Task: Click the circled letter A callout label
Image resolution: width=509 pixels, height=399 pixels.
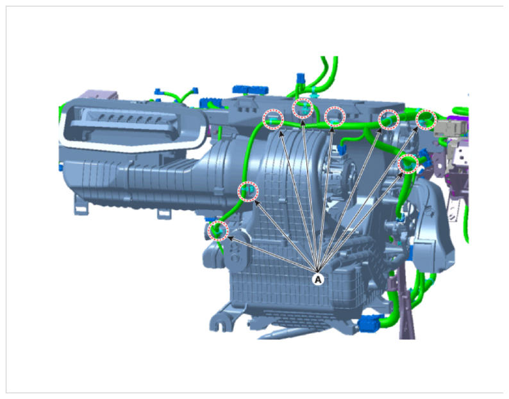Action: tap(318, 279)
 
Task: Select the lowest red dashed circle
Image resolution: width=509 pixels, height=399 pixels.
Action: tap(219, 231)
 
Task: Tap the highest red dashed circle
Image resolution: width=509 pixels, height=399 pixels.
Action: tap(303, 108)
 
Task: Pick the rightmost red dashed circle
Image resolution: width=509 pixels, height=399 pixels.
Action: tap(426, 119)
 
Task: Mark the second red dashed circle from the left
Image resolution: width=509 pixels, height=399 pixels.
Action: tap(248, 191)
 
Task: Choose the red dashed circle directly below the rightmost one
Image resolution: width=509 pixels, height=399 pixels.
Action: tap(408, 164)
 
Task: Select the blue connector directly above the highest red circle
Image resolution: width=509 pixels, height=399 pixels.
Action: tap(301, 79)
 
